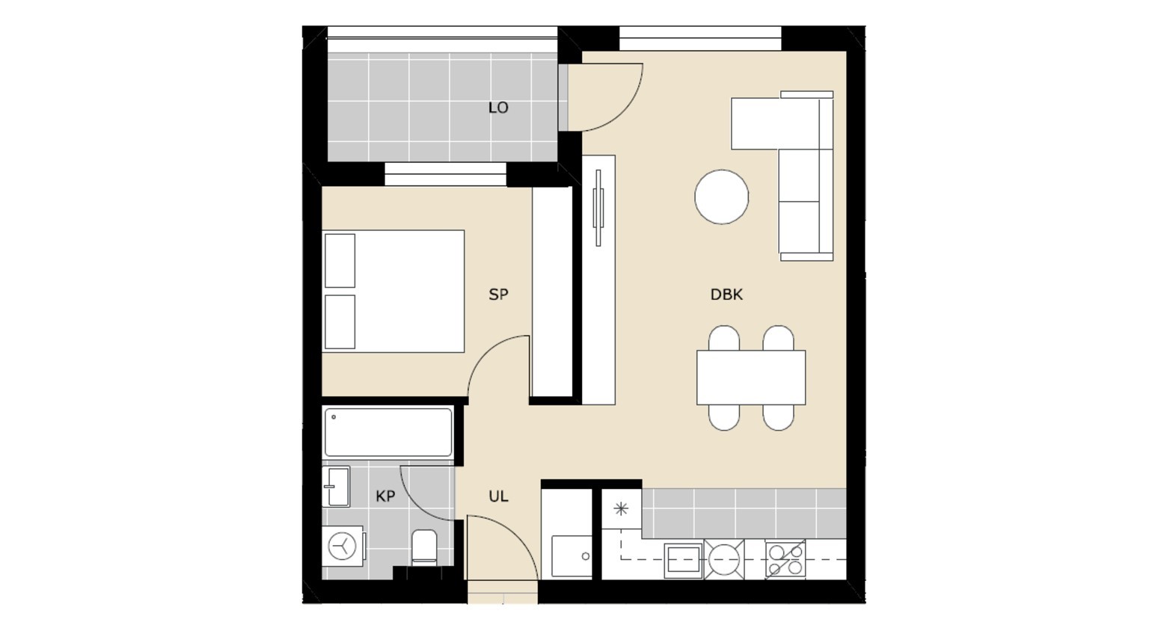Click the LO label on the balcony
(498, 108)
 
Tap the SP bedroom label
(498, 295)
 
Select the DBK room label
(726, 295)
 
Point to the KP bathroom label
(385, 496)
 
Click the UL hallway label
(498, 496)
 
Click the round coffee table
(722, 197)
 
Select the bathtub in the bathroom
(388, 433)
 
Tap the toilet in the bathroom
(424, 547)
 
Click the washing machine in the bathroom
(343, 547)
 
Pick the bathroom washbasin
(336, 487)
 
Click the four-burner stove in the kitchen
(785, 559)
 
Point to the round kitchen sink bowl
(724, 559)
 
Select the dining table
(751, 378)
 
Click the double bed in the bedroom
(393, 292)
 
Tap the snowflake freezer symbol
(620, 508)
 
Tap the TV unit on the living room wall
(598, 280)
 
